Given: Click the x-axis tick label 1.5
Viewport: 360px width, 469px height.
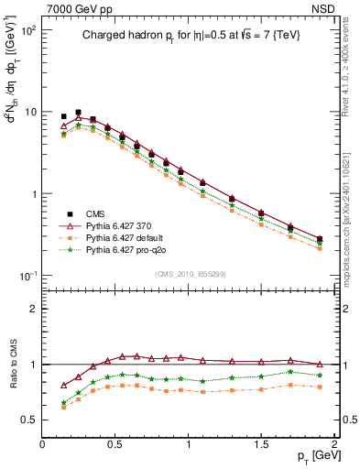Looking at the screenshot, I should tap(261, 443).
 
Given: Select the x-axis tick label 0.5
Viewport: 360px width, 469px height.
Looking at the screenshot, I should tap(115, 443).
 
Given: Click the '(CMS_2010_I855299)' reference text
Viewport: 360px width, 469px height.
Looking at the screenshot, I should tap(188, 274).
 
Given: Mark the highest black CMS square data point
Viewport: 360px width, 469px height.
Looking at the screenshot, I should tap(78, 112).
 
